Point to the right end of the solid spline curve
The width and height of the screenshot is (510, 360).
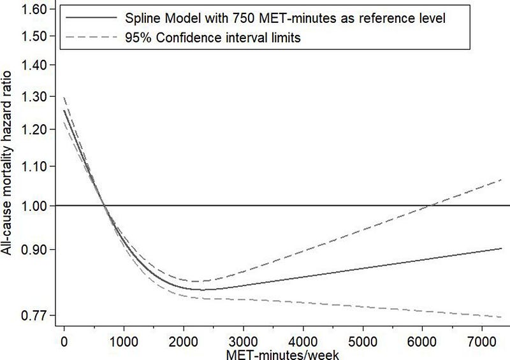(x=502, y=248)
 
